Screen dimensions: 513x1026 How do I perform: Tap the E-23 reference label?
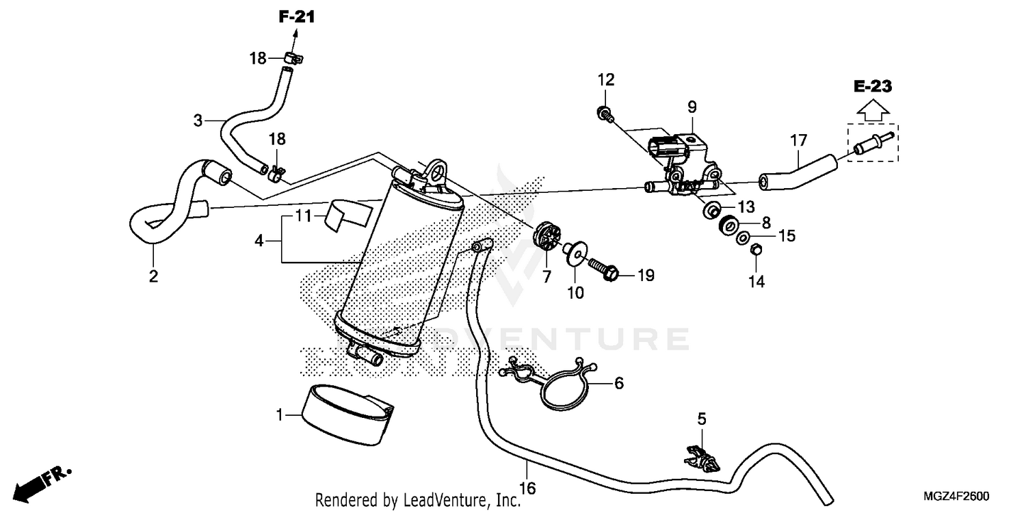(873, 86)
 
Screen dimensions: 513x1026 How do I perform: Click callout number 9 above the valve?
(692, 107)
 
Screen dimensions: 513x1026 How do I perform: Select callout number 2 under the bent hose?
(153, 276)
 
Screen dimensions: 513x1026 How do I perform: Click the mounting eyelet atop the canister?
(435, 168)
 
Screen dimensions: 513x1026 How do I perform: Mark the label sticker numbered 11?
(347, 213)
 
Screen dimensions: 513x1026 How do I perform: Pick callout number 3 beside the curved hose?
(198, 121)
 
